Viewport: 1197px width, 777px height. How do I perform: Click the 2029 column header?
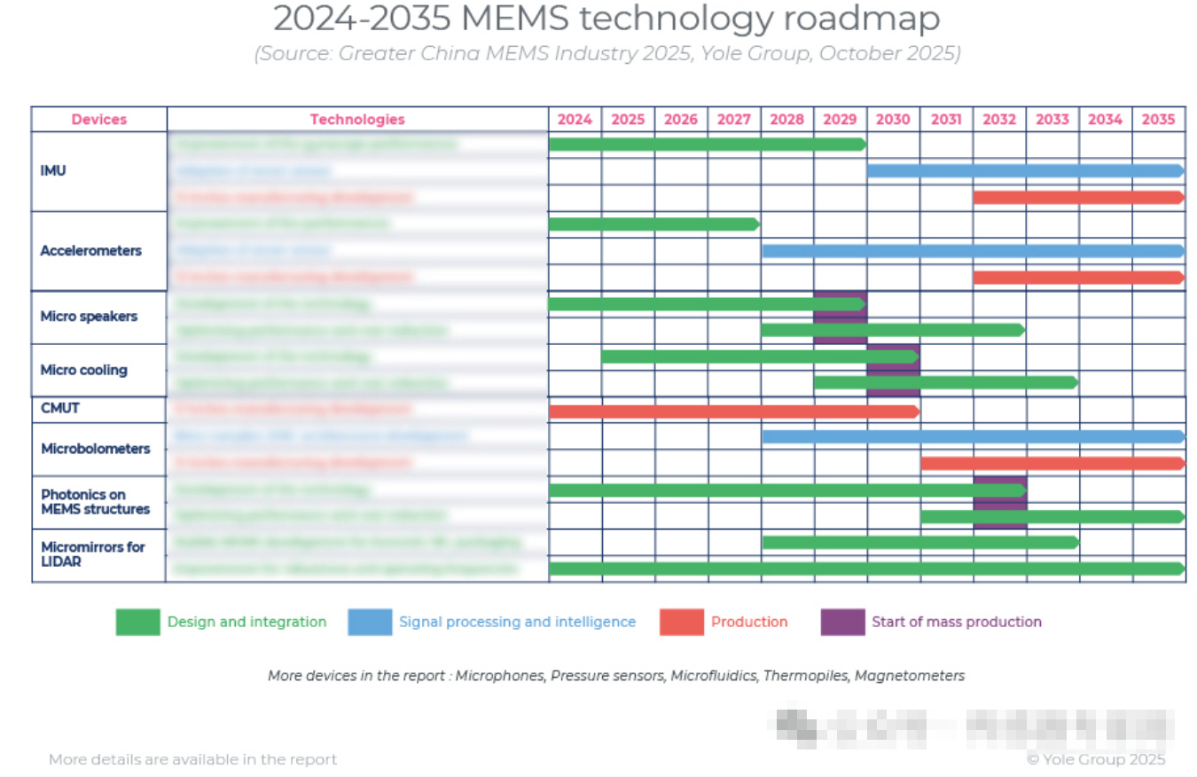(x=840, y=120)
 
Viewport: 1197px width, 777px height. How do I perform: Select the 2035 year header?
(x=1158, y=120)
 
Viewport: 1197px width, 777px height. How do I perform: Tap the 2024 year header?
(x=575, y=120)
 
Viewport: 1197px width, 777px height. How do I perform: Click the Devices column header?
(x=99, y=120)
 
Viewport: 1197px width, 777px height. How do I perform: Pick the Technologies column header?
(x=357, y=120)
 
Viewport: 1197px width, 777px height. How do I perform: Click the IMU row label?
(x=53, y=170)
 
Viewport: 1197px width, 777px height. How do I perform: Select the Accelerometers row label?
(x=90, y=251)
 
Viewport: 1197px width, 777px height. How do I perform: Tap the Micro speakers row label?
(x=89, y=317)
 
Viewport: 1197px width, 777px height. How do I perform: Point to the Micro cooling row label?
(x=83, y=370)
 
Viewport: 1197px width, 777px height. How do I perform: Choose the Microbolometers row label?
(x=95, y=449)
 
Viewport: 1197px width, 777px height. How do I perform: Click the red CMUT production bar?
(x=733, y=411)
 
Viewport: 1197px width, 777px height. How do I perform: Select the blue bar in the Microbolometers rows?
(x=972, y=436)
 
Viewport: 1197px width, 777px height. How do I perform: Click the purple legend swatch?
(x=842, y=623)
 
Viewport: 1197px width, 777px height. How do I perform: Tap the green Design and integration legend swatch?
(x=137, y=623)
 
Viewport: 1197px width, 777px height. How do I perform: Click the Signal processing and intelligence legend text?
(x=517, y=623)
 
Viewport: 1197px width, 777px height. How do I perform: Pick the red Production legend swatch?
(x=681, y=623)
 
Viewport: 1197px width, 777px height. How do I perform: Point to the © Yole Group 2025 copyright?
(x=1096, y=759)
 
